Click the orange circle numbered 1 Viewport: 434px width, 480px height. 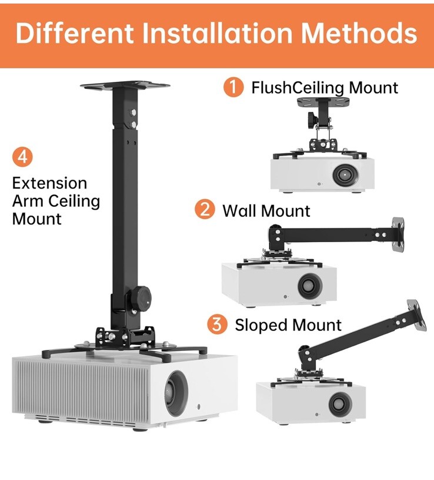(233, 87)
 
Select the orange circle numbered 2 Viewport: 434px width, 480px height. (205, 209)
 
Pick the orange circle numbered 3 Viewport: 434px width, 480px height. (217, 324)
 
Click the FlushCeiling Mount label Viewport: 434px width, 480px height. (325, 88)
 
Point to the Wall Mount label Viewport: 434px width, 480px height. (266, 210)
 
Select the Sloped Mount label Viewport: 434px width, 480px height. (288, 325)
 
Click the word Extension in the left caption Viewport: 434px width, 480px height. (49, 183)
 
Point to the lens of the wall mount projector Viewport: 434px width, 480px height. (308, 286)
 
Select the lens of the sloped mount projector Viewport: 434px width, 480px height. (340, 404)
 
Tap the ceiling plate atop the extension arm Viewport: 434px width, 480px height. (125, 86)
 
